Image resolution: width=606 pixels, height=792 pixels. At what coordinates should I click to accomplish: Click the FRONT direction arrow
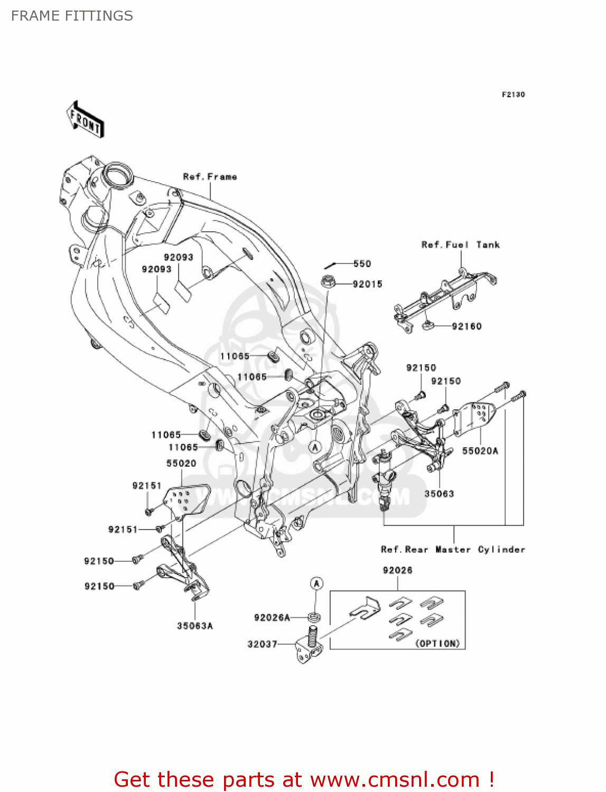pyautogui.click(x=85, y=119)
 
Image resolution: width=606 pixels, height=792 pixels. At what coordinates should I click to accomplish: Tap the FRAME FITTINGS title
pyautogui.click(x=72, y=16)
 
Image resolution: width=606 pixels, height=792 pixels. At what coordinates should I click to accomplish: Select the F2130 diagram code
pyautogui.click(x=513, y=95)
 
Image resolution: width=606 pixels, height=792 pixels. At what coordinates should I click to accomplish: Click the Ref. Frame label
pyautogui.click(x=210, y=177)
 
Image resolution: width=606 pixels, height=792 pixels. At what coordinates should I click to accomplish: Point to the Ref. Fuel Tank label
pyautogui.click(x=460, y=245)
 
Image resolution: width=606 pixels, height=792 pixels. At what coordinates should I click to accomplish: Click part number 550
pyautogui.click(x=362, y=263)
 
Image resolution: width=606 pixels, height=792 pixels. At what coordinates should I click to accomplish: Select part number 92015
pyautogui.click(x=367, y=284)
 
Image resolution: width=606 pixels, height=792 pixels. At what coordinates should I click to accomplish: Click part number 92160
pyautogui.click(x=467, y=326)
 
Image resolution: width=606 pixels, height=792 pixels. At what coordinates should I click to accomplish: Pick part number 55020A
pyautogui.click(x=480, y=451)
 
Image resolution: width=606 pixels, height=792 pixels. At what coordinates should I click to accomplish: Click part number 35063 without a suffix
pyautogui.click(x=439, y=494)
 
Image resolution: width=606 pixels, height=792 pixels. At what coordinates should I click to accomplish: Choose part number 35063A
pyautogui.click(x=195, y=626)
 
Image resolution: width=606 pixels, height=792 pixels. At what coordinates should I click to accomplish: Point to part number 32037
pyautogui.click(x=262, y=644)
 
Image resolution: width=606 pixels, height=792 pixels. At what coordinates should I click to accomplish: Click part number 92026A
pyautogui.click(x=272, y=618)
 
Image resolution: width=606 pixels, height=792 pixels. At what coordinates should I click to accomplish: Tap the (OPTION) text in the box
pyautogui.click(x=437, y=644)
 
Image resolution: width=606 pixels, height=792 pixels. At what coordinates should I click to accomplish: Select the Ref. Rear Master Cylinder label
pyautogui.click(x=453, y=550)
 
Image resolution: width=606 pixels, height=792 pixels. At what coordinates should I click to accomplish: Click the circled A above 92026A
pyautogui.click(x=316, y=583)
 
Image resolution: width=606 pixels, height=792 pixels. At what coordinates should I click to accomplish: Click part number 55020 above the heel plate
pyautogui.click(x=181, y=464)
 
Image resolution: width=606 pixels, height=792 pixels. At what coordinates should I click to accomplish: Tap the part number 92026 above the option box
pyautogui.click(x=397, y=570)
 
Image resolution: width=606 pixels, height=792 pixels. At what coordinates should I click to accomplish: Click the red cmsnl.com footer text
pyautogui.click(x=304, y=779)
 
